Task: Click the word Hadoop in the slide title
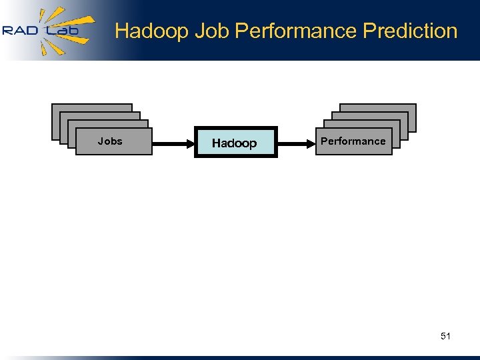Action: click(x=152, y=31)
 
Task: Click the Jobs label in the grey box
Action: click(x=110, y=141)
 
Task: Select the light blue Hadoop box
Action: click(x=235, y=142)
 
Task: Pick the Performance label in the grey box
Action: click(x=353, y=141)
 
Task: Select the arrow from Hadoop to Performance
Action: click(x=295, y=142)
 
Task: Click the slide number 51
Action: click(x=445, y=336)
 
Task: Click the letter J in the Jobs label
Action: click(x=100, y=141)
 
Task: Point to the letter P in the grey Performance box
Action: click(x=324, y=141)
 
